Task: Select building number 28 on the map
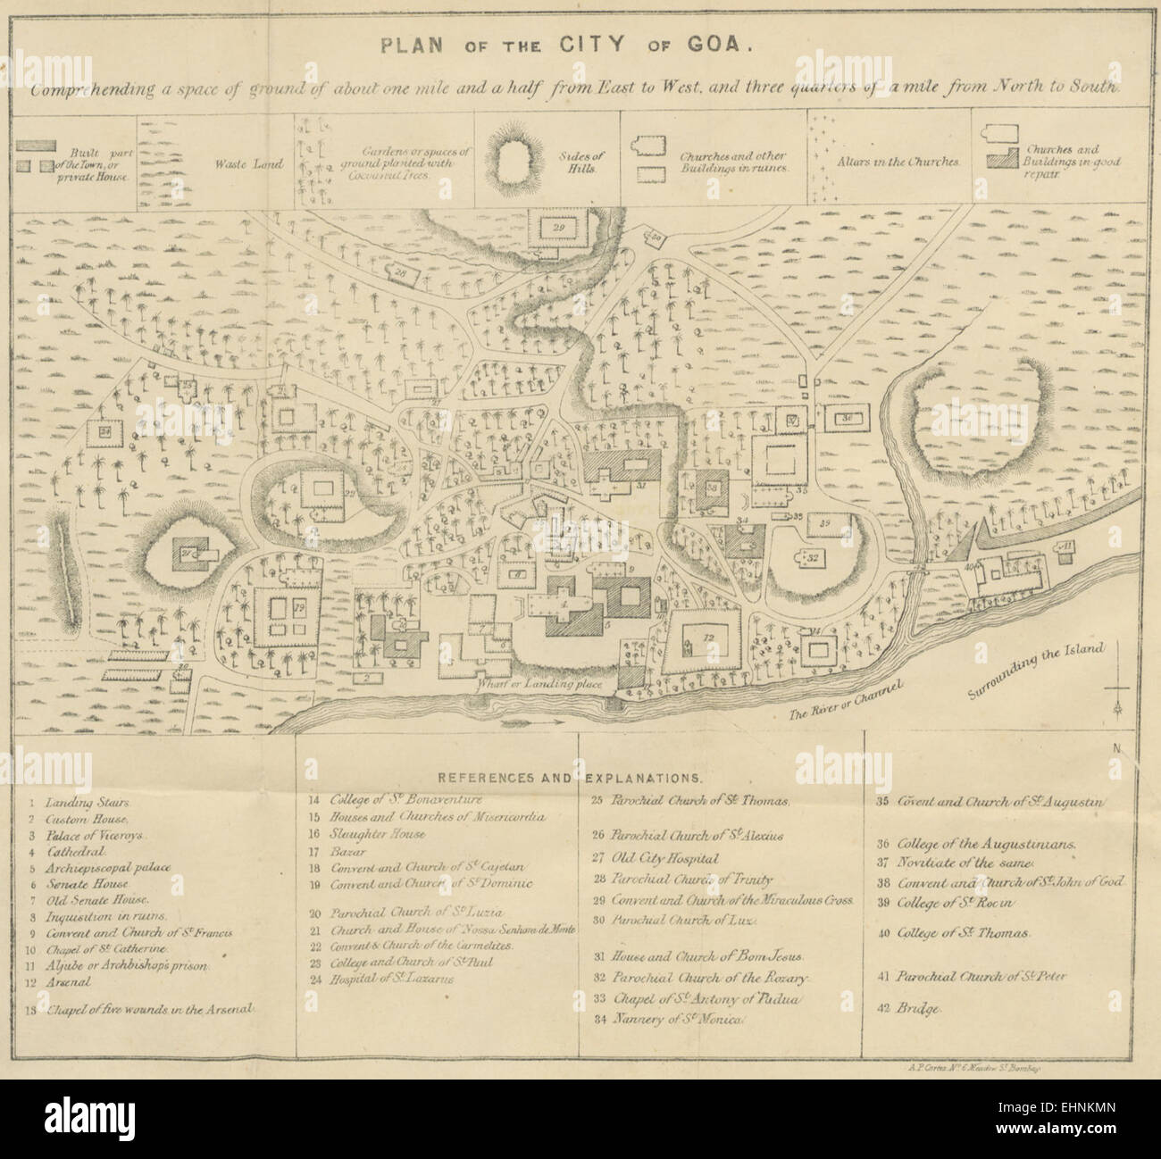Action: [402, 272]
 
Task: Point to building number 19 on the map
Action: [285, 613]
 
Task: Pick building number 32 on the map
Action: [814, 556]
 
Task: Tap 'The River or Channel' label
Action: [847, 701]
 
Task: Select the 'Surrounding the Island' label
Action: [1036, 671]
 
